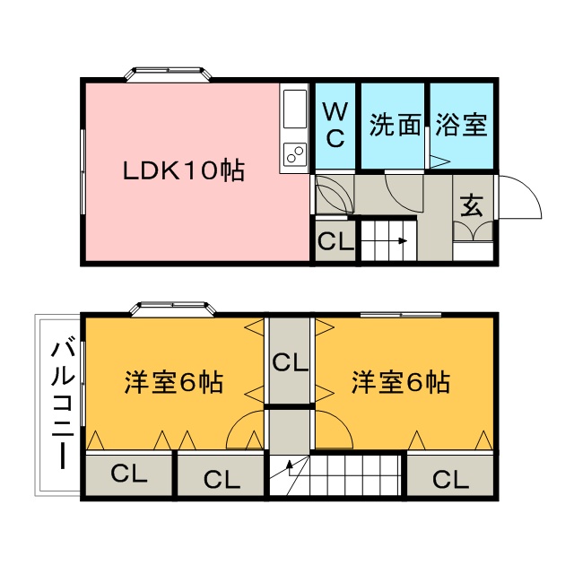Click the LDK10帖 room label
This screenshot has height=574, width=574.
[183, 171]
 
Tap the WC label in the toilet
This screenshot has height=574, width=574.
[335, 125]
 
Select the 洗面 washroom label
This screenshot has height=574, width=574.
[395, 125]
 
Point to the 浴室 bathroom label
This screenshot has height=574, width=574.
[461, 125]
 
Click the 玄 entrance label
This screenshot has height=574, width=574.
[472, 205]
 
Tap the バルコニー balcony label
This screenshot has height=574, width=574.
[63, 405]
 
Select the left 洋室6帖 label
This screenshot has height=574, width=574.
[174, 382]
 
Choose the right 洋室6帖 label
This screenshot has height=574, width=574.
[401, 382]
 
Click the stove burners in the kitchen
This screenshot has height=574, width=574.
[295, 153]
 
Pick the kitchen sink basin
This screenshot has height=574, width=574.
[295, 109]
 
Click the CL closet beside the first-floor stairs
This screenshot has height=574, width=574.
[335, 241]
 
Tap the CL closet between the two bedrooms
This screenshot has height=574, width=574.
[291, 362]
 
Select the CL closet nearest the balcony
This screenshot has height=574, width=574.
[129, 474]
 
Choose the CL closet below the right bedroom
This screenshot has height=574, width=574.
[450, 479]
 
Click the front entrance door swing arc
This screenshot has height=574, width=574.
[519, 197]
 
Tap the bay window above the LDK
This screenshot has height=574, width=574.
[169, 74]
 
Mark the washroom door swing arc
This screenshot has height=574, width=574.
[404, 192]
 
